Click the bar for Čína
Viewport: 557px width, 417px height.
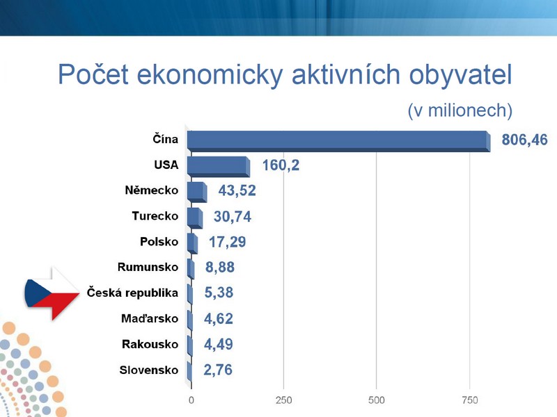[339, 141]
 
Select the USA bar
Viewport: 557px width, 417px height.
[219, 167]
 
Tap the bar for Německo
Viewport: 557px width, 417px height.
[197, 193]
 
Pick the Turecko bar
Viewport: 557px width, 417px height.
[195, 218]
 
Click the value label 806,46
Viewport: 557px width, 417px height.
[524, 140]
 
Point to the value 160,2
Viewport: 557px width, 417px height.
[281, 165]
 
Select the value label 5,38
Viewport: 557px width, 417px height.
[219, 293]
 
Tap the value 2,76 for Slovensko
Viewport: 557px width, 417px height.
[218, 370]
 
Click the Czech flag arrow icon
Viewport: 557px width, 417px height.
[52, 293]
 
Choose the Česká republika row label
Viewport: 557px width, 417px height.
[132, 293]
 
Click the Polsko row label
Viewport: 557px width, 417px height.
[159, 241]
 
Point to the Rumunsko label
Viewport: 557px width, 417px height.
[148, 267]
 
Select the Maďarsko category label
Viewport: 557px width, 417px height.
[150, 318]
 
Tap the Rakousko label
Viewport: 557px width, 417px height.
[150, 344]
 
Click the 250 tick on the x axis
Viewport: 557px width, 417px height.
[284, 400]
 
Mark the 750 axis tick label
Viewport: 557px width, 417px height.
[469, 400]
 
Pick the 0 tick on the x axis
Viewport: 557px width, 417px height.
[191, 400]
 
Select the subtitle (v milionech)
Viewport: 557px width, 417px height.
[460, 111]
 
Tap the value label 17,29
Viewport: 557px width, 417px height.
[228, 242]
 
